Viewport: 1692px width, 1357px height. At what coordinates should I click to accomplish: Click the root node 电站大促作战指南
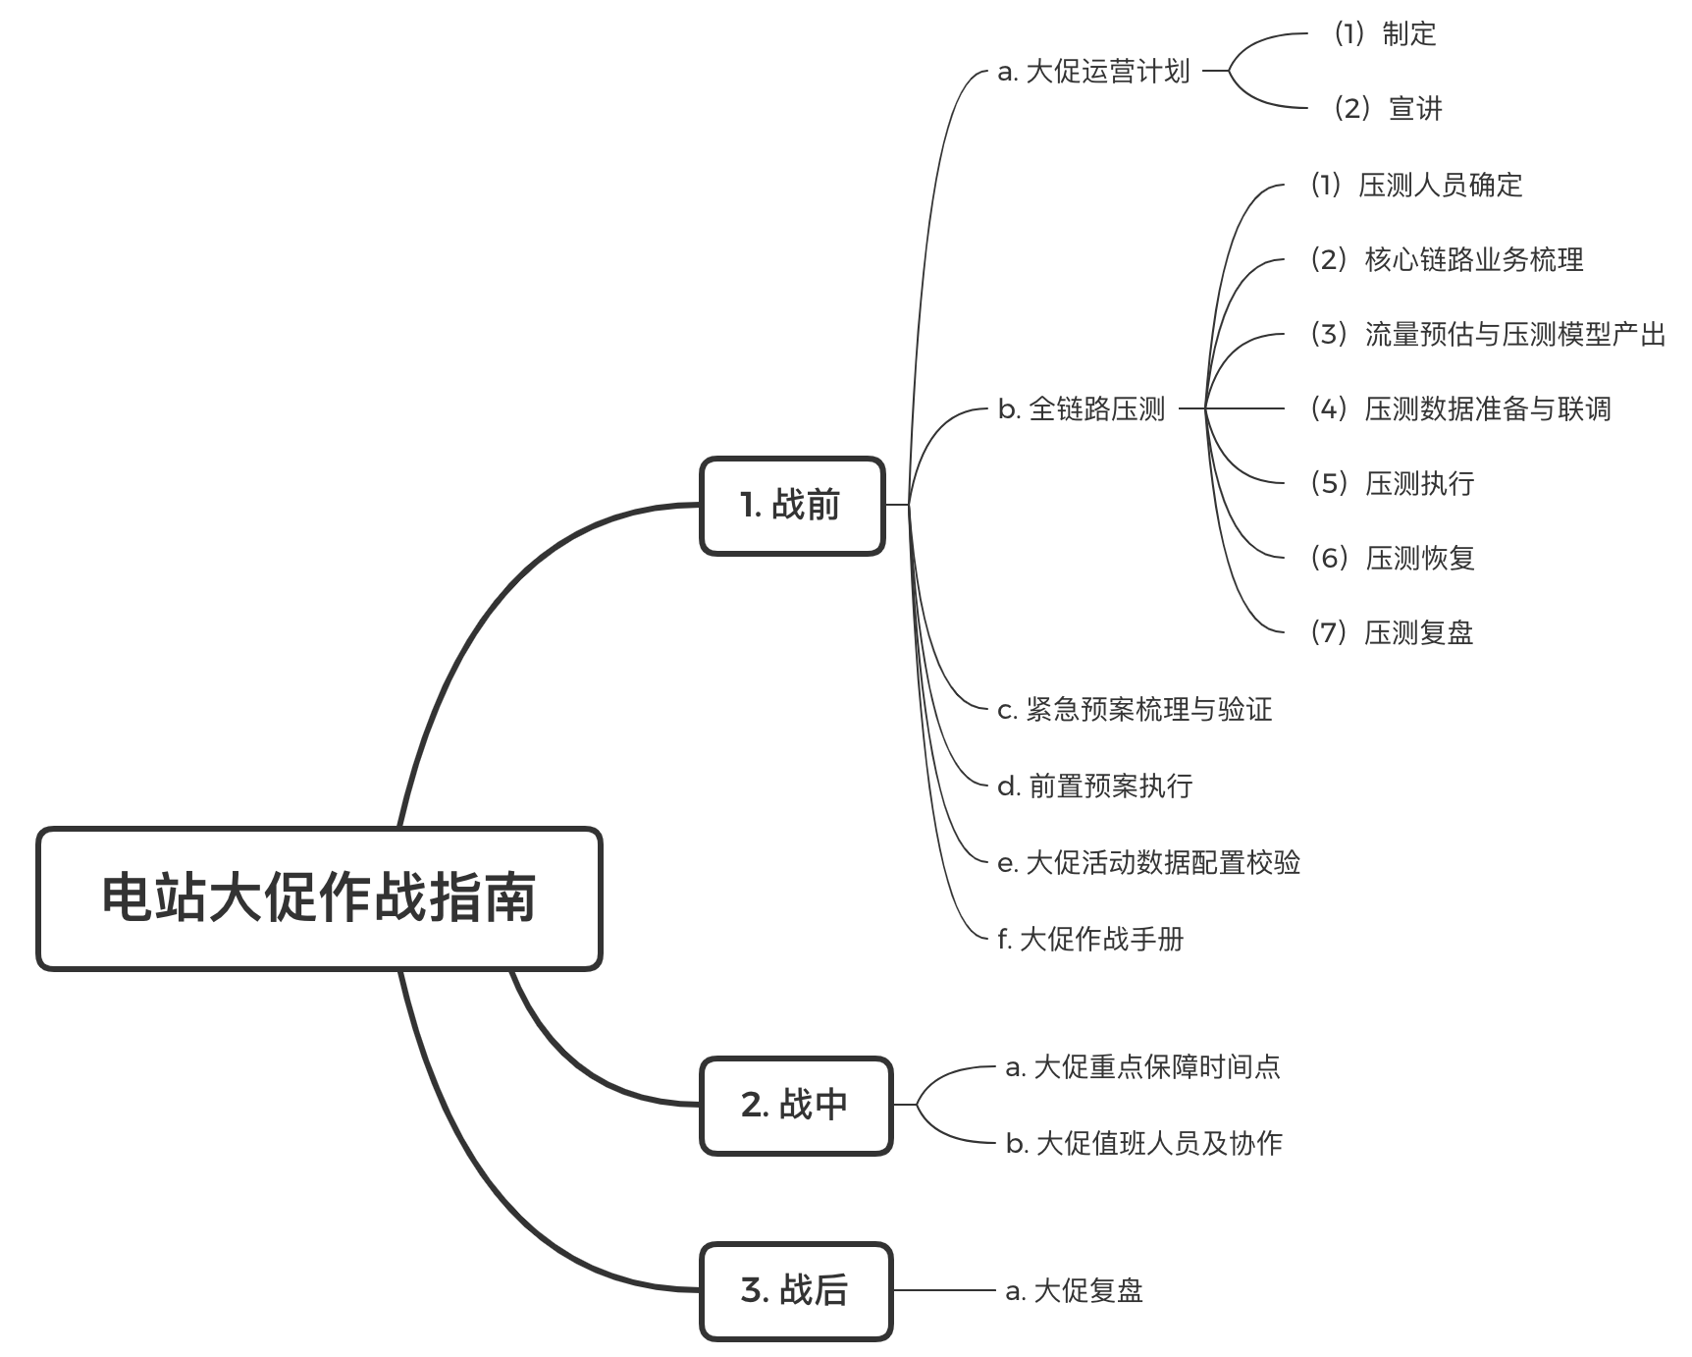coord(319,898)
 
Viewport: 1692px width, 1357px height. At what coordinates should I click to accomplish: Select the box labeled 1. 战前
coord(792,506)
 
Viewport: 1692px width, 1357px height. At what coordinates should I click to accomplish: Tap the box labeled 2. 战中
coord(796,1106)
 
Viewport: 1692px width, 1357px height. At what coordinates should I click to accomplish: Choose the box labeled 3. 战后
coord(796,1290)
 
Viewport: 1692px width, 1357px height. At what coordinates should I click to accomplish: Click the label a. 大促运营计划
coord(1093,72)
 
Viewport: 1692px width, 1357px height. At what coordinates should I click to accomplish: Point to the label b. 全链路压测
coord(1082,408)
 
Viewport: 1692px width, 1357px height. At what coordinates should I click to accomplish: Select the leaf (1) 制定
coord(1384,34)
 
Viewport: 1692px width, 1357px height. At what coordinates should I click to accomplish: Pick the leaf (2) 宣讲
coord(1387,108)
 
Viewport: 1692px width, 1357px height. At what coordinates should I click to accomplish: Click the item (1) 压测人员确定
coord(1416,185)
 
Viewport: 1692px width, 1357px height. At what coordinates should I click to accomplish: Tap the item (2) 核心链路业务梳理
coord(1447,259)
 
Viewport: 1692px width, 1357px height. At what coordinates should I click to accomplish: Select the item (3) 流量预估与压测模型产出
coord(1488,335)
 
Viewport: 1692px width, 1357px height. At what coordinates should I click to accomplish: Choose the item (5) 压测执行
coord(1392,483)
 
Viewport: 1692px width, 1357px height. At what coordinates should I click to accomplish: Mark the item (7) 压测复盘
coord(1392,632)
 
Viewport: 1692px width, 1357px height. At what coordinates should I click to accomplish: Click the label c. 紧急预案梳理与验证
coord(1135,709)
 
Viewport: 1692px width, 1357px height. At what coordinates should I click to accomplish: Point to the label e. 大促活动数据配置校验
coord(1148,862)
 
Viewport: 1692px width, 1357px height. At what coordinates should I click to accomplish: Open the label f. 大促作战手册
coord(1090,939)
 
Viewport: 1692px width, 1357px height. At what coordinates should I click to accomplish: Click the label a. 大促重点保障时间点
coord(1142,1066)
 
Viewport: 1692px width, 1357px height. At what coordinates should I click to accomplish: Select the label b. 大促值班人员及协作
coord(1143,1143)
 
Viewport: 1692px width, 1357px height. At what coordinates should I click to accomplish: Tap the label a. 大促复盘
coord(1074,1290)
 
